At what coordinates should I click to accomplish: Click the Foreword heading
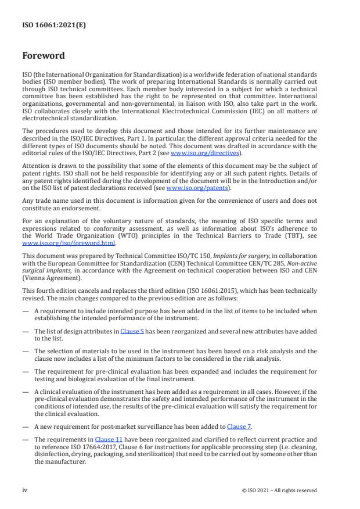pyautogui.click(x=44, y=56)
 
